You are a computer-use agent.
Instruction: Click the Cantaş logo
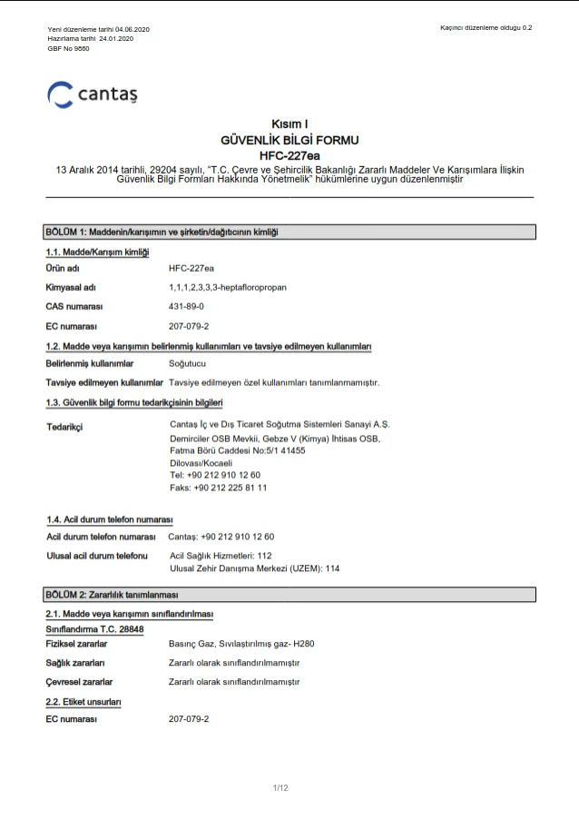coord(93,94)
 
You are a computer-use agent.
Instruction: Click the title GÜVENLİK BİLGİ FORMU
coord(289,141)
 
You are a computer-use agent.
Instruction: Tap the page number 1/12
coord(280,787)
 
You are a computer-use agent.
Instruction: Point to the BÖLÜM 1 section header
coord(162,232)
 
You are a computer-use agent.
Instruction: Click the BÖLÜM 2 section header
coord(112,595)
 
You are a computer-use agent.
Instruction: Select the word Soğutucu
coord(188,363)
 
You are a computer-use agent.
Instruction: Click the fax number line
coord(219,488)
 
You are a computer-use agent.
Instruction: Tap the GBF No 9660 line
coord(68,48)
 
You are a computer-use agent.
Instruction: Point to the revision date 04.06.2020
coord(132,30)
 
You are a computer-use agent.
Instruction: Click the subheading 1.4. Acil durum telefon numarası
coord(110,519)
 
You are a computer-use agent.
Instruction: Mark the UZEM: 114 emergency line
coord(254,568)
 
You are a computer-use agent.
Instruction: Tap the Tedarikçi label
coord(64,427)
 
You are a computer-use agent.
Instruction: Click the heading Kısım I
coord(289,123)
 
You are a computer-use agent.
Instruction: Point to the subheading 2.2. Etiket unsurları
coord(83,702)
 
